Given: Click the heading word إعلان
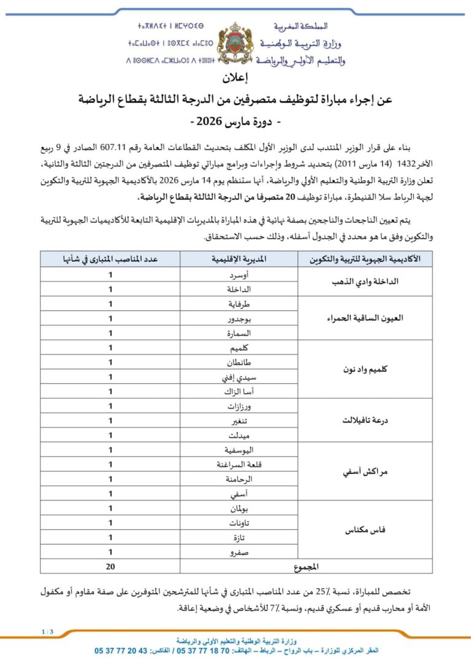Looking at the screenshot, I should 235,79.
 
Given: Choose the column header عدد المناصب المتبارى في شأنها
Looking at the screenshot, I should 110,259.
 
